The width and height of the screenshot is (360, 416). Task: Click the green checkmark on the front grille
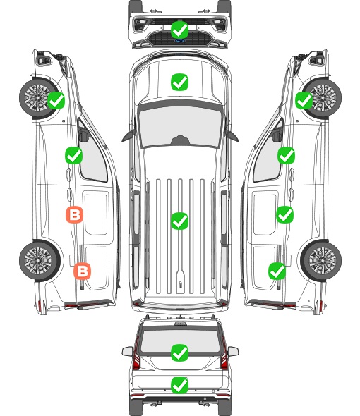pos(180,30)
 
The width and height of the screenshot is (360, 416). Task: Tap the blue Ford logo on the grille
pos(179,41)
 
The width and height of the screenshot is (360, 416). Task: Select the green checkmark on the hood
pos(180,82)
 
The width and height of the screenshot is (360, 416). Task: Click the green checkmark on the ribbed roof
pos(180,221)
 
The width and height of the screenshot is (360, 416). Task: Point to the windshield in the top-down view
pos(180,127)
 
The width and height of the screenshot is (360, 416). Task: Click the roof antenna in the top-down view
pos(181,285)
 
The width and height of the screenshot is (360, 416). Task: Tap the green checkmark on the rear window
pos(180,353)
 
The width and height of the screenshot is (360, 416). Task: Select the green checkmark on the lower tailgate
pos(180,385)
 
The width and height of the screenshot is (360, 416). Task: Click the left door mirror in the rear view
pos(127,351)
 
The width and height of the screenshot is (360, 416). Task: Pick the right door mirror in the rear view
pos(233,351)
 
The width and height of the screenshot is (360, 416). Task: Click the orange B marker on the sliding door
pos(74,214)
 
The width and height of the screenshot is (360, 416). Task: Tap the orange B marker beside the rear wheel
pos(83,271)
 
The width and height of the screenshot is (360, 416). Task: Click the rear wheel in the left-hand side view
pos(40,261)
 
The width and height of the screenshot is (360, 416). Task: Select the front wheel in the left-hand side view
pos(39,97)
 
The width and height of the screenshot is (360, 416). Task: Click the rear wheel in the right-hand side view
pos(321,261)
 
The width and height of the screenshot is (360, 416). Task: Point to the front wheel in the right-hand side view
pos(323,97)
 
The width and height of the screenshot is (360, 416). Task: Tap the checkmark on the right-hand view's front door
pos(286,156)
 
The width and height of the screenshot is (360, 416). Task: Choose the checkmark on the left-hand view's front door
pos(74,156)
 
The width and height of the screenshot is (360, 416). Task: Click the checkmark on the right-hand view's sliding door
pos(284,214)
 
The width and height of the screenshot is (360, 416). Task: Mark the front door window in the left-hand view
pos(92,157)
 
